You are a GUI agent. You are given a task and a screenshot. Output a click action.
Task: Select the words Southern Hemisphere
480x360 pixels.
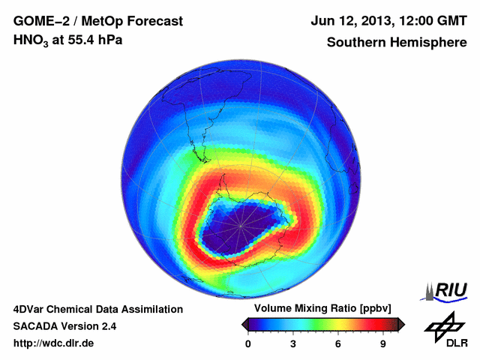[x=397, y=42]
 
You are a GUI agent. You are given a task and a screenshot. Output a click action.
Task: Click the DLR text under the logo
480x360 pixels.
[x=456, y=343]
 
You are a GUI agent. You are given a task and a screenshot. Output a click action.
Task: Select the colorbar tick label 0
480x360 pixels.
[x=248, y=343]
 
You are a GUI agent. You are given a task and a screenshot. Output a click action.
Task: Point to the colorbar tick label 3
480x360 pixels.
[x=293, y=343]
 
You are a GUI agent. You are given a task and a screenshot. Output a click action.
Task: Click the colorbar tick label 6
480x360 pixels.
[x=338, y=343]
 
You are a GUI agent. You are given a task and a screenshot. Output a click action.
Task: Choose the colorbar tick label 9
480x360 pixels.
[x=383, y=343]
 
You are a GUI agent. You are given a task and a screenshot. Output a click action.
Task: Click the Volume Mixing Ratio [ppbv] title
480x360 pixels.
[x=321, y=309]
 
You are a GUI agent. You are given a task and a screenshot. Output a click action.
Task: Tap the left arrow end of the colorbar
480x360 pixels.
[x=244, y=324]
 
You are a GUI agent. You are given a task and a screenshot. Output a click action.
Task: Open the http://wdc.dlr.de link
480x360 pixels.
[x=54, y=343]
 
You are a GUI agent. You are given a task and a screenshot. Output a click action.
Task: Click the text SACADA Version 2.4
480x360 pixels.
[x=64, y=326]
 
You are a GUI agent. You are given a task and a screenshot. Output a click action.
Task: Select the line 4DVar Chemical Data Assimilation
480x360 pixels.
[x=97, y=309]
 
